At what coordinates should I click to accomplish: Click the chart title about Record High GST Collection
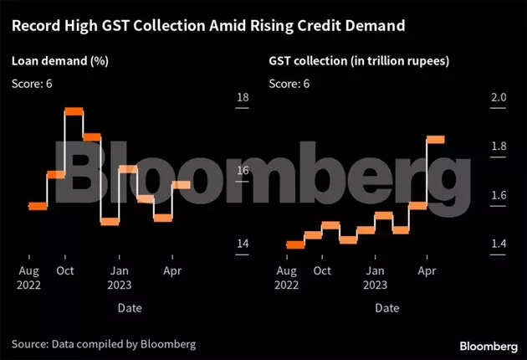[208, 26]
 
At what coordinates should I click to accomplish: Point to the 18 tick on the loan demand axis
[243, 98]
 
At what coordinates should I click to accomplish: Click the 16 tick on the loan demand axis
[243, 171]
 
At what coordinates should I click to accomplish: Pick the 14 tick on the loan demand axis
[243, 244]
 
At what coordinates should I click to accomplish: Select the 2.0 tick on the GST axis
[499, 98]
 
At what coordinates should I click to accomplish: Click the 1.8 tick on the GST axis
[499, 147]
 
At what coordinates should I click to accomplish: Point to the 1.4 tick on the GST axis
[499, 244]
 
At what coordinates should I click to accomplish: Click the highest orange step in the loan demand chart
[74, 111]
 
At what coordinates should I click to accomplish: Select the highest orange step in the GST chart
[435, 139]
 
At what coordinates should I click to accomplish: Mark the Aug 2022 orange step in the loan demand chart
[38, 206]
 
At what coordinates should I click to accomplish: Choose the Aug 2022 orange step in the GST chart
[294, 244]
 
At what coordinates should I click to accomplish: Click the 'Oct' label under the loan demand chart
[65, 271]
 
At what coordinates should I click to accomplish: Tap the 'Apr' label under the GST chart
[427, 271]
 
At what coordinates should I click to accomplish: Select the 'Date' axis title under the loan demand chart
[130, 308]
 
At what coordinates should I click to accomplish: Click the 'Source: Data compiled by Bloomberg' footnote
[104, 344]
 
